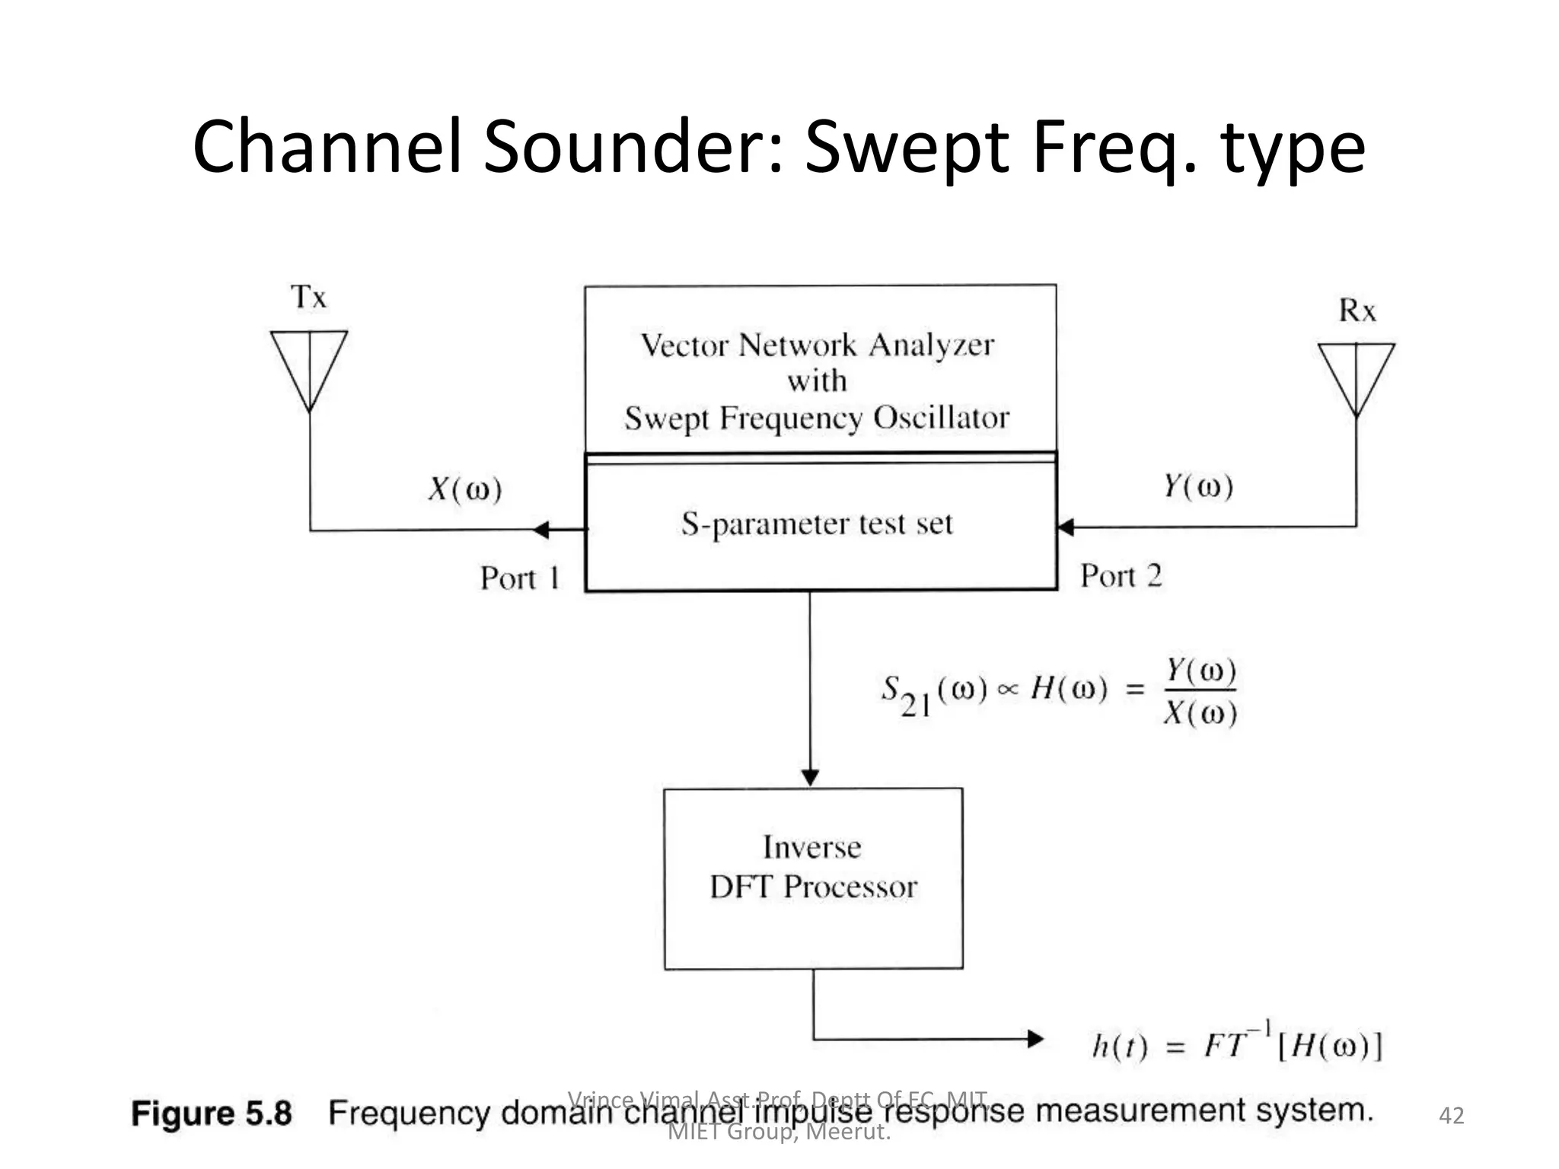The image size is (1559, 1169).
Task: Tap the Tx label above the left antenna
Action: pos(308,297)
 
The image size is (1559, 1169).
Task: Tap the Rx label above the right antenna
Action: pos(1357,311)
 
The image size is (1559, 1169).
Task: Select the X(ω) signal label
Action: pos(465,489)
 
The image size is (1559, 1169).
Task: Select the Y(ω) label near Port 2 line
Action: pos(1198,486)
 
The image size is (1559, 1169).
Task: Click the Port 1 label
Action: pos(520,578)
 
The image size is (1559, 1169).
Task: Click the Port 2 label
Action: pos(1121,576)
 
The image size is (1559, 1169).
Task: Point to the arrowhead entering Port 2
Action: pos(1066,527)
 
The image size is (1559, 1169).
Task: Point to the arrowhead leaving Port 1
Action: pos(541,530)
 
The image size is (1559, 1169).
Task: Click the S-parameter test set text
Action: pos(817,524)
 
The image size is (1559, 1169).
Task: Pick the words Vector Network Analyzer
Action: pos(817,346)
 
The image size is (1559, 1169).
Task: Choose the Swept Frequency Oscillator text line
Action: pos(817,418)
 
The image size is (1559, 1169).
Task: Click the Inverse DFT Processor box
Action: pos(813,878)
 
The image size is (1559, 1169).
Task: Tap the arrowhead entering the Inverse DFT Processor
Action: pos(811,777)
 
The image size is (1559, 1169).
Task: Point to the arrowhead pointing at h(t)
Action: pos(1035,1039)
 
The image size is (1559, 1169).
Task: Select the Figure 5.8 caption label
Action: pos(212,1113)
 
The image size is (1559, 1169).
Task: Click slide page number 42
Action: pos(1451,1116)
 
